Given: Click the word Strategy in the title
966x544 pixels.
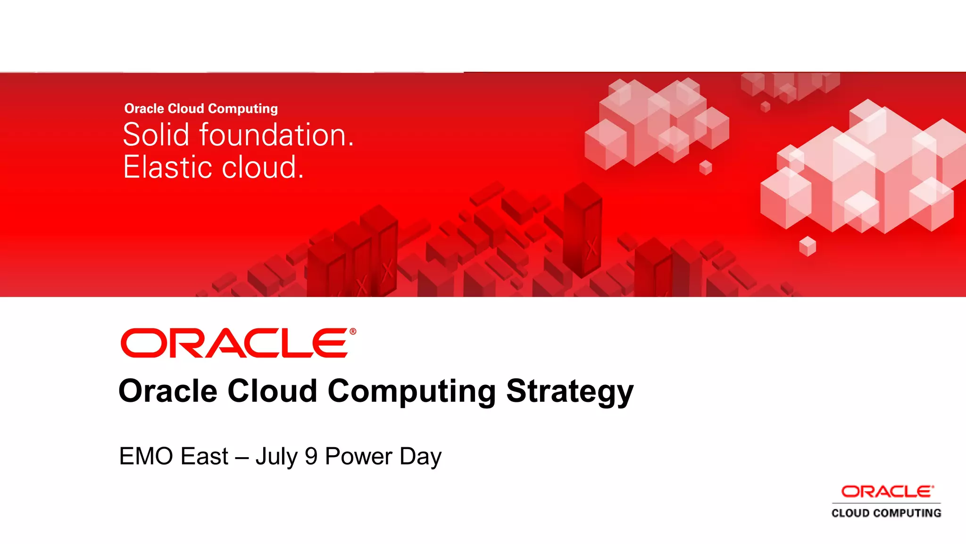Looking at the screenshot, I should click(x=570, y=392).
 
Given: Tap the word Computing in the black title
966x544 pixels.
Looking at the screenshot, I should click(x=411, y=392).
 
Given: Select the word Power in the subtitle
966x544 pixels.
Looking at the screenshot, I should click(x=358, y=457).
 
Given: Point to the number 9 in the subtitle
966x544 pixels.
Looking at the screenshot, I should click(x=311, y=457).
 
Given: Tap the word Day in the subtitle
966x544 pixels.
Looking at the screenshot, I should click(x=420, y=457).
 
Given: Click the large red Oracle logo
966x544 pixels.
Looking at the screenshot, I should click(x=235, y=343).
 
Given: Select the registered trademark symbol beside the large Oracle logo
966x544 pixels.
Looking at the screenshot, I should click(x=353, y=331).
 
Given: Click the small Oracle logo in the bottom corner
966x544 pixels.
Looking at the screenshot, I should click(x=887, y=492).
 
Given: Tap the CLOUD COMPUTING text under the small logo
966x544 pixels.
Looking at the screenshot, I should click(x=886, y=513).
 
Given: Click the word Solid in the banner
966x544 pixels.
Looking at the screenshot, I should click(x=156, y=135).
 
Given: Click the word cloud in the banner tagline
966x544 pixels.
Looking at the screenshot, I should click(x=262, y=167).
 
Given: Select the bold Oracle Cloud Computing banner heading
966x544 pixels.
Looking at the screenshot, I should click(x=201, y=109).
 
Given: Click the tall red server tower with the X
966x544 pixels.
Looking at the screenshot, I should click(x=583, y=229).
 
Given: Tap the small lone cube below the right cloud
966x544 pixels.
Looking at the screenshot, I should click(x=808, y=246).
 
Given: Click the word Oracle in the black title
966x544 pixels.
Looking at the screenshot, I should click(x=168, y=392).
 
